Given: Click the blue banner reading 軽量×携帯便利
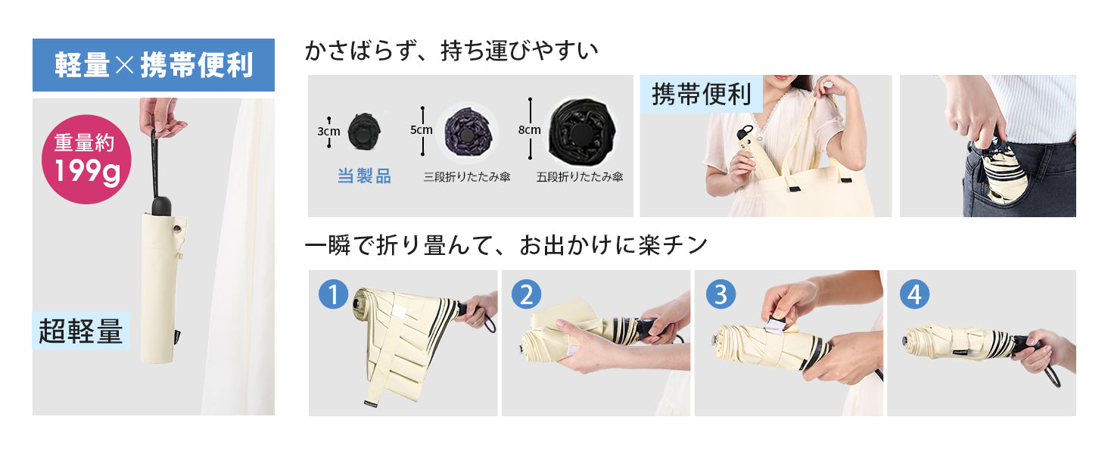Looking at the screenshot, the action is [x=154, y=65].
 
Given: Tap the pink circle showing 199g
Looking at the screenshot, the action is [x=86, y=159].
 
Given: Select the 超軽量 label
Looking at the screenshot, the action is [x=81, y=331].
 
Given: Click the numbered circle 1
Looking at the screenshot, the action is [x=334, y=294].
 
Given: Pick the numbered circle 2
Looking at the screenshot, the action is [x=526, y=294].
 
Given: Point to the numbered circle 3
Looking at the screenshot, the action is [x=721, y=294].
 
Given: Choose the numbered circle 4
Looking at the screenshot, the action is [x=914, y=294].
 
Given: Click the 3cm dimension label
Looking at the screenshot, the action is [x=328, y=132].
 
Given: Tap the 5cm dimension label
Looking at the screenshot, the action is [x=422, y=130].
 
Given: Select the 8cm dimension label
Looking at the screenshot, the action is [x=529, y=130].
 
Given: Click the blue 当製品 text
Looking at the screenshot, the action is [x=364, y=176].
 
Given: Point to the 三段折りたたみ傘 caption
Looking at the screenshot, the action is [x=466, y=177].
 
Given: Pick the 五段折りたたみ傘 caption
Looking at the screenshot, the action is [x=579, y=177].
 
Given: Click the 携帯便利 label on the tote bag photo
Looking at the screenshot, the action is [x=702, y=94].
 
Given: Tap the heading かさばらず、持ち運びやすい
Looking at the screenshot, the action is [x=451, y=51].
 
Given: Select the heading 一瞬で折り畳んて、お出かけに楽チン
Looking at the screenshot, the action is [x=506, y=245].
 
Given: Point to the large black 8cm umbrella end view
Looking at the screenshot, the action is [x=582, y=132].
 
